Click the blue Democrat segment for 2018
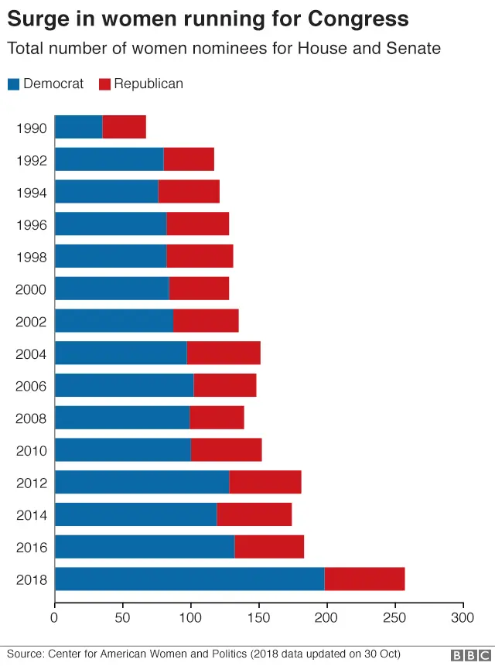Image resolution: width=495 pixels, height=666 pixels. click(189, 579)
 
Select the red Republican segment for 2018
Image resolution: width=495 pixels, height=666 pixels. click(364, 579)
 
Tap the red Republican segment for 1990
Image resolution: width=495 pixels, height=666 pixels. click(124, 127)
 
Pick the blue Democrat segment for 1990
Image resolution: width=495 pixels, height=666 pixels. click(78, 127)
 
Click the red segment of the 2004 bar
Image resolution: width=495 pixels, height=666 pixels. click(224, 353)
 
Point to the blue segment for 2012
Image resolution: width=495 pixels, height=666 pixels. click(142, 483)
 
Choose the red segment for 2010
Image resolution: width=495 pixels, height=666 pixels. click(226, 450)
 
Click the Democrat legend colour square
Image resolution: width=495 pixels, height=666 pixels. click(13, 84)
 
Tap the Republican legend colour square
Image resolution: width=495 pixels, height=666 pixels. click(104, 84)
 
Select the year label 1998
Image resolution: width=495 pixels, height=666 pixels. click(31, 257)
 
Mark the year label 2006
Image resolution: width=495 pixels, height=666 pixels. click(31, 386)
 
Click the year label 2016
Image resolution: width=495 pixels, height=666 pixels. click(31, 548)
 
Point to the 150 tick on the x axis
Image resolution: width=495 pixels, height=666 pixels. click(258, 618)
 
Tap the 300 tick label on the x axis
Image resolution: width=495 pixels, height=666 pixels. click(463, 618)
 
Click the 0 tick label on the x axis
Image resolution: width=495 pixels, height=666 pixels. click(54, 618)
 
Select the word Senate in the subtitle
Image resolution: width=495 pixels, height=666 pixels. click(415, 49)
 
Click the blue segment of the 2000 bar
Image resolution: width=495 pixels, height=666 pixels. click(111, 289)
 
